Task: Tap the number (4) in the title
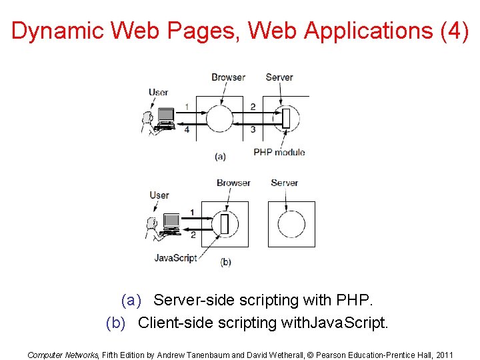[x=455, y=31]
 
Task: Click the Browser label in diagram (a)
[x=228, y=77]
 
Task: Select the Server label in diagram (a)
[x=279, y=77]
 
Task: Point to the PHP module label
[x=279, y=152]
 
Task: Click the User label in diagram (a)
[x=159, y=92]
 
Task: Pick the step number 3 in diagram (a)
[x=253, y=129]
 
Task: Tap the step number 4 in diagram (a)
[x=187, y=129]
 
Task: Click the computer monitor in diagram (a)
[x=165, y=116]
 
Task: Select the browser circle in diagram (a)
[x=219, y=119]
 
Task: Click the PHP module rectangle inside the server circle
[x=286, y=119]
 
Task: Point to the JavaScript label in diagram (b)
[x=175, y=257]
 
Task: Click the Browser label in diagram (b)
[x=233, y=183]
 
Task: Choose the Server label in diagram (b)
[x=285, y=183]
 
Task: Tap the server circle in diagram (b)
[x=291, y=225]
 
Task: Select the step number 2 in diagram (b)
[x=193, y=235]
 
